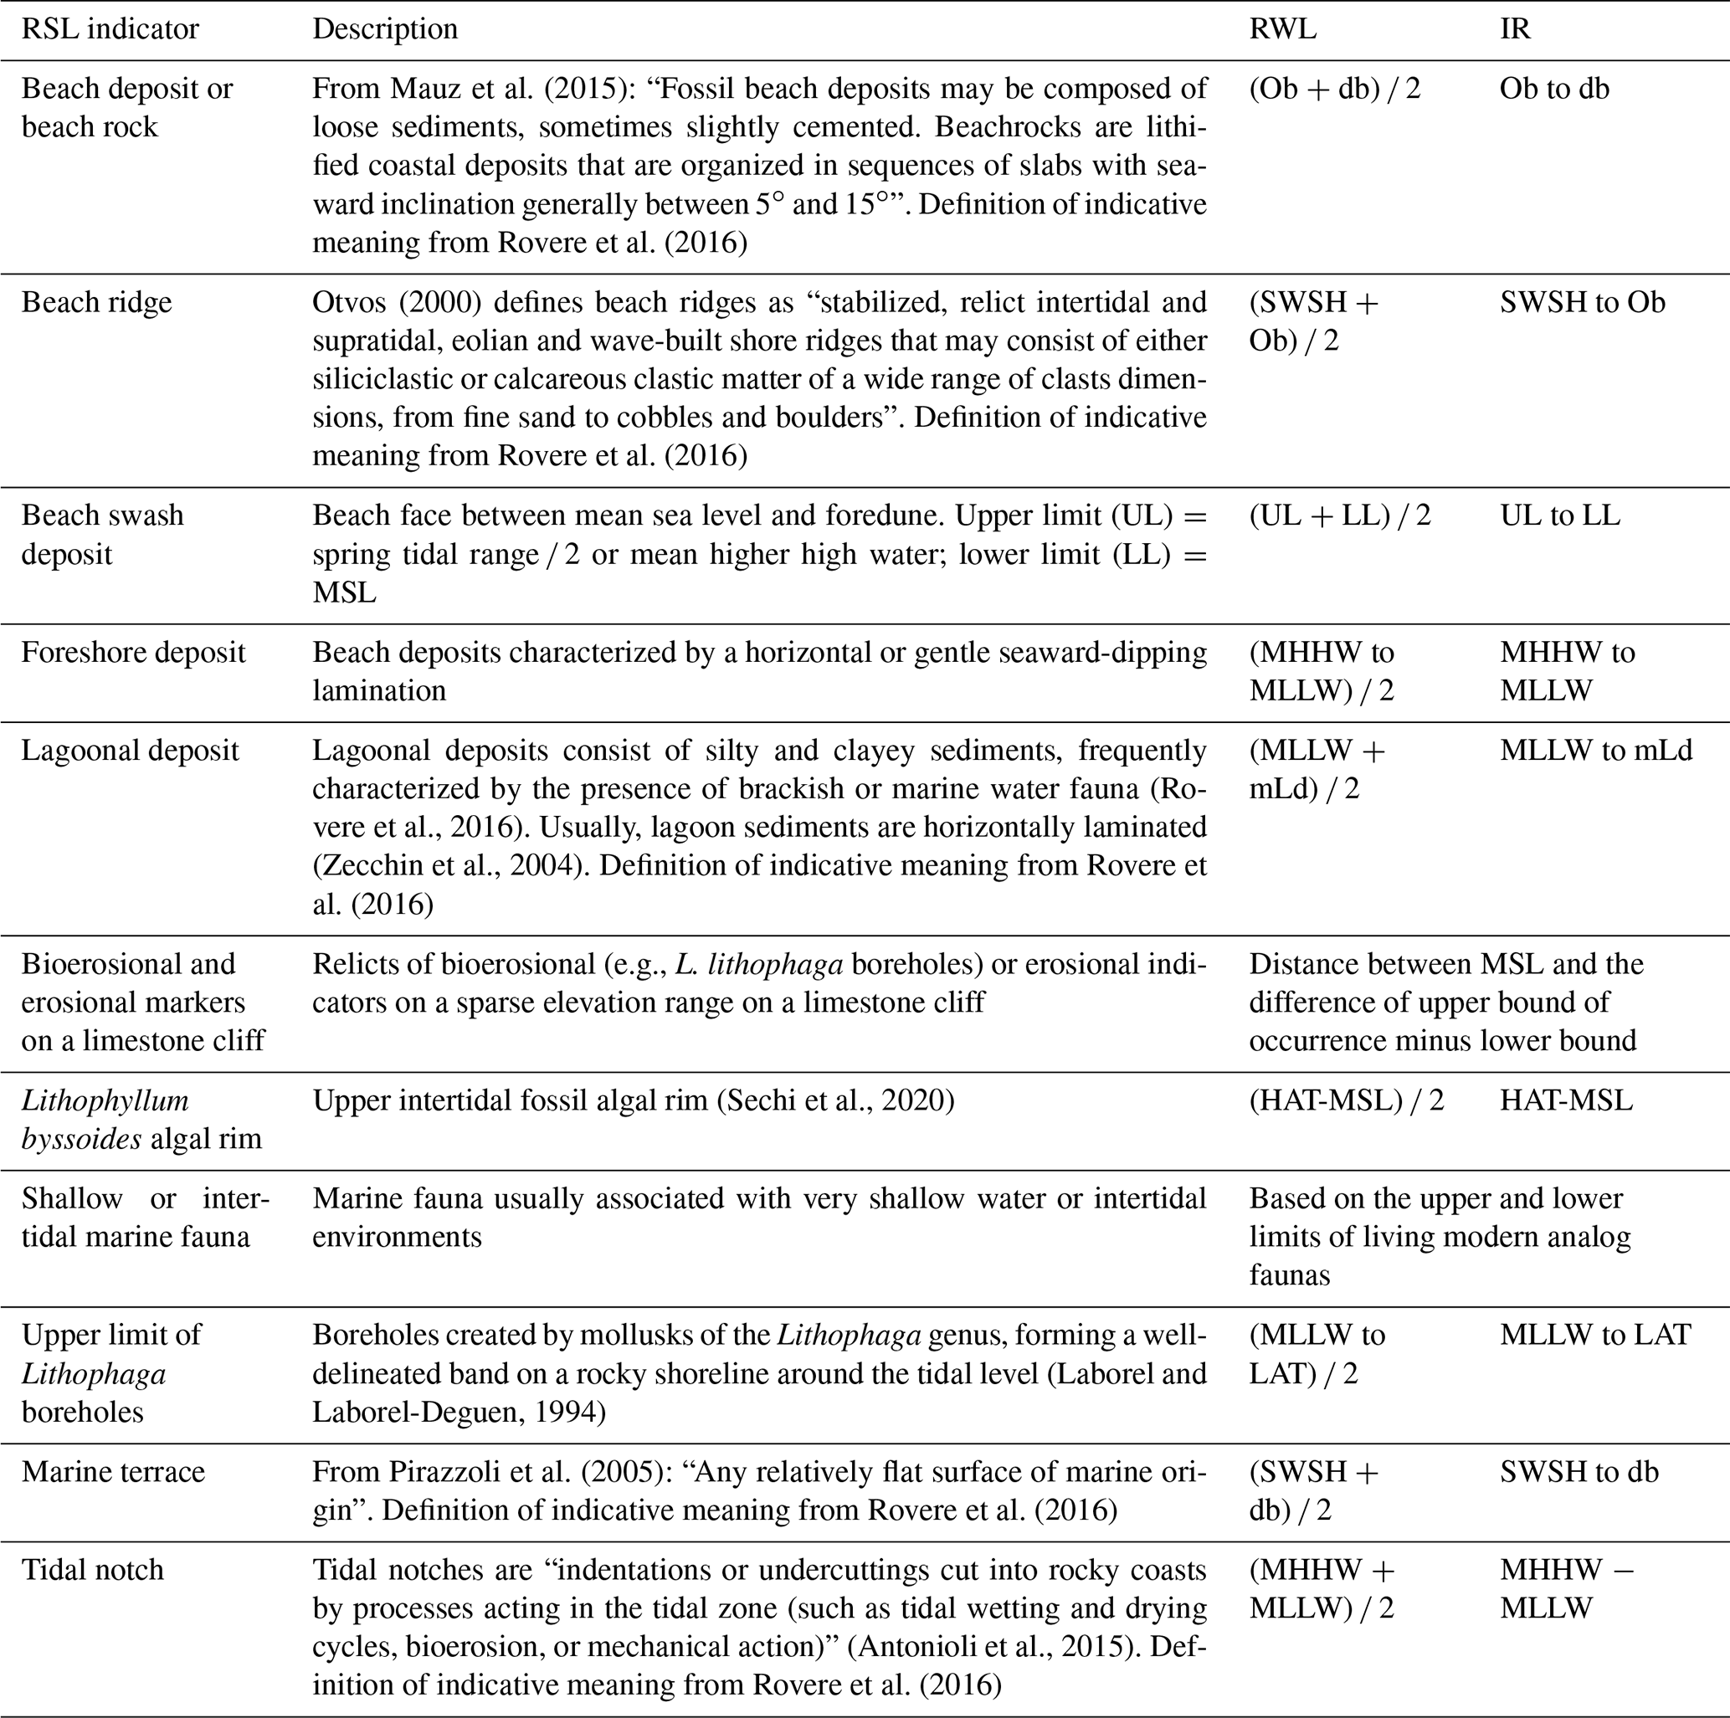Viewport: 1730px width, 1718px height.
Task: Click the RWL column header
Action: pyautogui.click(x=1282, y=28)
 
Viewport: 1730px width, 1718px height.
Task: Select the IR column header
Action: pyautogui.click(x=1515, y=28)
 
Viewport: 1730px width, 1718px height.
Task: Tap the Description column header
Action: pyautogui.click(x=384, y=28)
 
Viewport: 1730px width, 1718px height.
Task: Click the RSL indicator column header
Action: pyautogui.click(x=110, y=28)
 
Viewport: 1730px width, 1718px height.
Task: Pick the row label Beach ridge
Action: pyautogui.click(x=97, y=303)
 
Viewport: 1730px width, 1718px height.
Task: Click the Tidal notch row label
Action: pyautogui.click(x=92, y=1594)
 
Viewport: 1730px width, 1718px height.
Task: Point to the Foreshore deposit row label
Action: pyautogui.click(x=132, y=652)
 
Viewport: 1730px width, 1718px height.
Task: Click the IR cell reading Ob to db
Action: pyautogui.click(x=1554, y=89)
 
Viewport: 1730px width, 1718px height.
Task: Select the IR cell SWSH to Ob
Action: pyautogui.click(x=1582, y=303)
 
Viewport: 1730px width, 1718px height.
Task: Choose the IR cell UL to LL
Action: pyautogui.click(x=1560, y=515)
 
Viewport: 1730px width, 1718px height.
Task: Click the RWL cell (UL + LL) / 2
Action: pyautogui.click(x=1340, y=515)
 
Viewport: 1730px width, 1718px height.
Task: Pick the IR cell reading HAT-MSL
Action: pyautogui.click(x=1566, y=1100)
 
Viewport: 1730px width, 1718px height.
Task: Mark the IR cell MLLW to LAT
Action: pyautogui.click(x=1594, y=1334)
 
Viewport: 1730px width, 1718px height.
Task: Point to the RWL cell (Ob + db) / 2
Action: pyautogui.click(x=1334, y=89)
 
